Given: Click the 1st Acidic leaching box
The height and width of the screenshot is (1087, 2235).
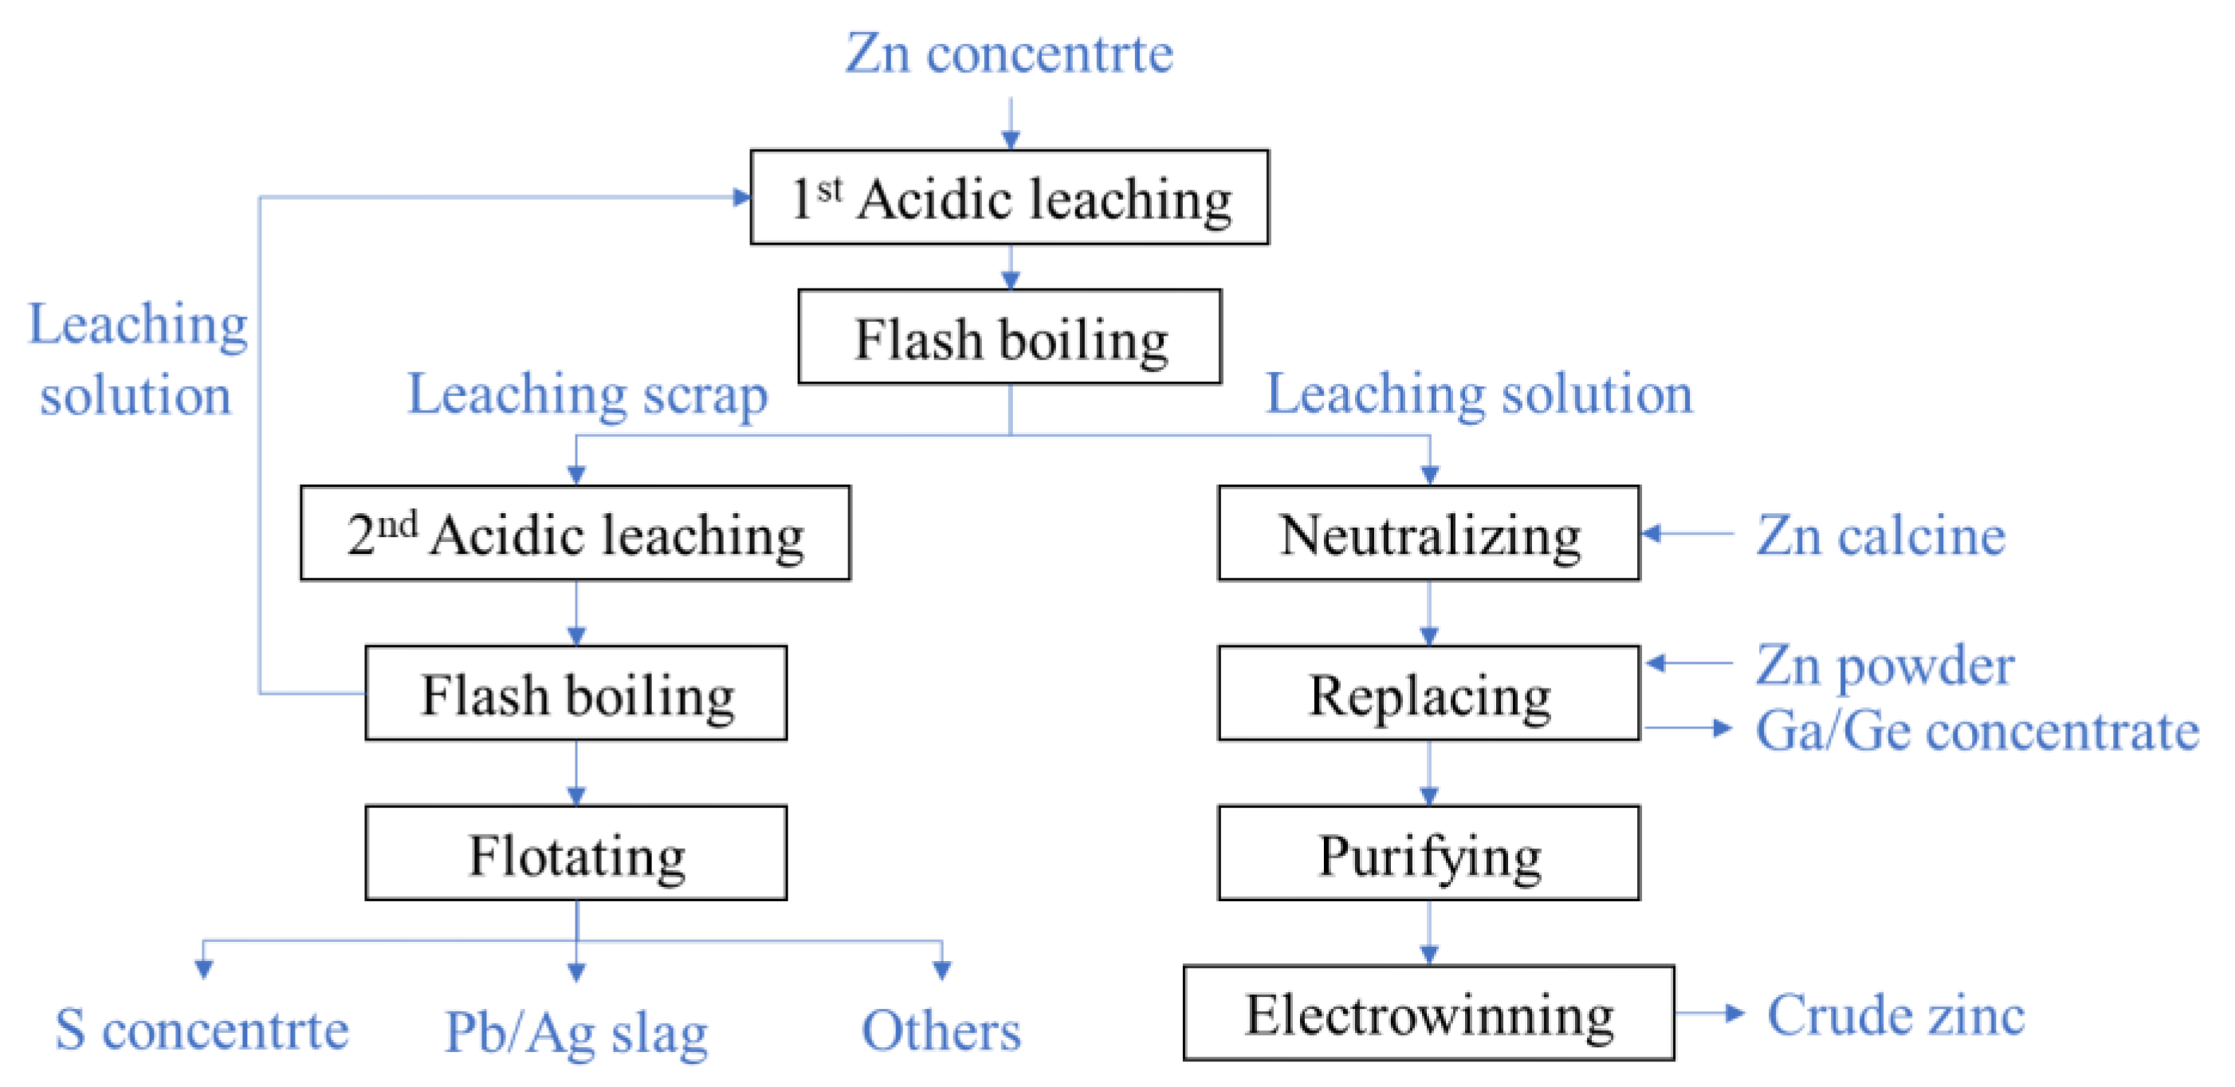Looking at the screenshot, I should (1009, 197).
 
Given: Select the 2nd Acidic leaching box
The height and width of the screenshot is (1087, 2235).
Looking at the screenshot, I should (575, 532).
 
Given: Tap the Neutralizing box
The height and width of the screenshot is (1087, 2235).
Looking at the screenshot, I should (1429, 532).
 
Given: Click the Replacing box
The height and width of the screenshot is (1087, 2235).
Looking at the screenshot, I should (1429, 693).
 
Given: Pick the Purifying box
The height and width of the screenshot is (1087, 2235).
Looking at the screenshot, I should (1429, 853).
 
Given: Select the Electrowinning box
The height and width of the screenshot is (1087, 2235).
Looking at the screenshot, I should (1429, 1012).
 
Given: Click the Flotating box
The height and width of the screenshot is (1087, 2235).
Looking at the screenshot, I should (576, 853).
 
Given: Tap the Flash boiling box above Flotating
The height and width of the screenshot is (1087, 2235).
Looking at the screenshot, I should (576, 693).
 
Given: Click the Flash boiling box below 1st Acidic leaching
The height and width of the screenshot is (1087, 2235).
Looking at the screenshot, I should (1009, 336).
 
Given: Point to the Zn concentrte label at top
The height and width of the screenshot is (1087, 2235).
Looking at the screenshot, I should (1009, 53).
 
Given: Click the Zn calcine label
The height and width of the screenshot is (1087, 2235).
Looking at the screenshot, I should (1881, 535).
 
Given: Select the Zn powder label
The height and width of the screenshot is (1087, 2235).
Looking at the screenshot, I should (1884, 666).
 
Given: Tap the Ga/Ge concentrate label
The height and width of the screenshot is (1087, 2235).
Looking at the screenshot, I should (1978, 731).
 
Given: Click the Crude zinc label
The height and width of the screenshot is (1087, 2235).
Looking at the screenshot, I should (1895, 1014).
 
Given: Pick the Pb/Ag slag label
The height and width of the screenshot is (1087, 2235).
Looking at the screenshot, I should (576, 1032).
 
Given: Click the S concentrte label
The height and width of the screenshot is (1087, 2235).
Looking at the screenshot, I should (202, 1030).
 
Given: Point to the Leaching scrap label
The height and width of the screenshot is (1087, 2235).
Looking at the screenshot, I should (587, 394).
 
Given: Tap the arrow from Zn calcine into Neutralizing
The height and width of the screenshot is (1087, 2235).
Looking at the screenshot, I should (1687, 533).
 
